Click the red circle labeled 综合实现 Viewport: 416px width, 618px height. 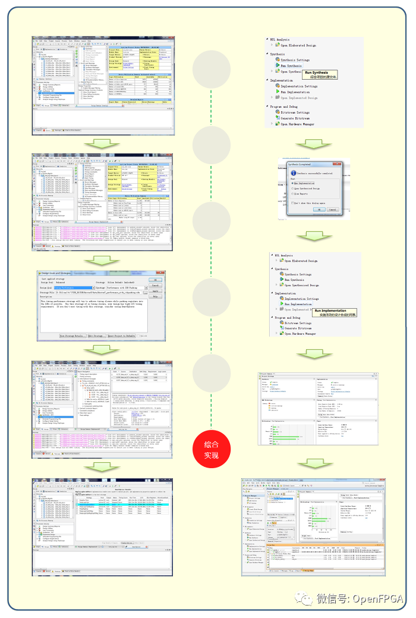[x=212, y=448]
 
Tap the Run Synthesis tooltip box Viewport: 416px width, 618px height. [x=325, y=74]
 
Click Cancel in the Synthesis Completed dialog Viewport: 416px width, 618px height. [x=332, y=209]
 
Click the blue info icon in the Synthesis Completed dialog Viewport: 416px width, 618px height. [x=293, y=174]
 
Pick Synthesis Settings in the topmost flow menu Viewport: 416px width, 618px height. [x=295, y=60]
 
